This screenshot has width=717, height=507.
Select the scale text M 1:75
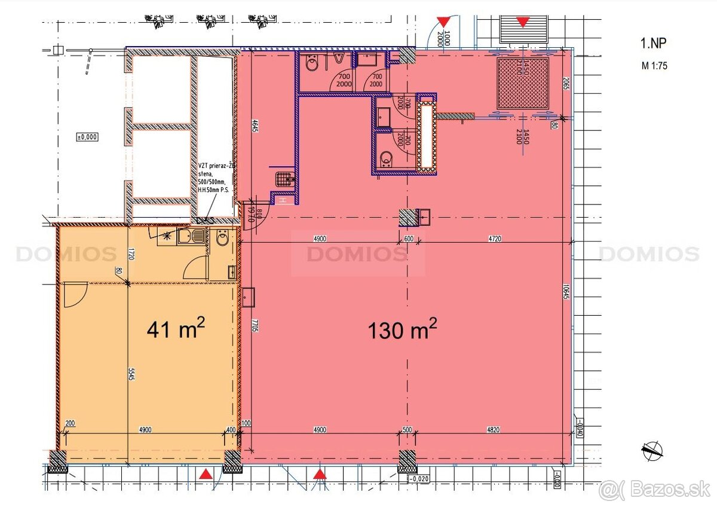tap(654, 66)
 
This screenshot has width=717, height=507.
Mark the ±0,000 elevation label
tap(87, 137)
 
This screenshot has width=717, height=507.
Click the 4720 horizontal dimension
tap(493, 238)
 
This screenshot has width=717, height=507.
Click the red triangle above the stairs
tap(523, 23)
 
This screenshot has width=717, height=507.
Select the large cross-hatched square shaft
tap(523, 83)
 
